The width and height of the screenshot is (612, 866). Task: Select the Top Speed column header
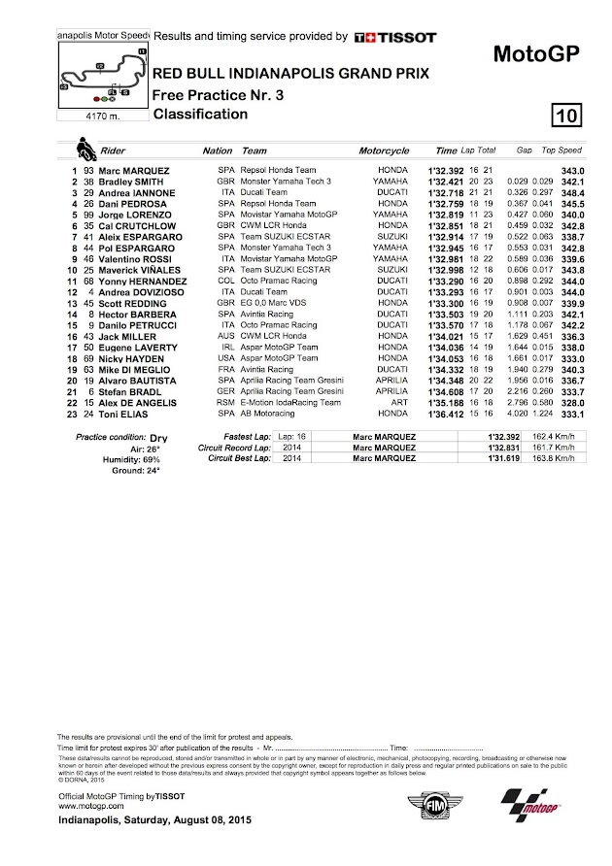point(561,152)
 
